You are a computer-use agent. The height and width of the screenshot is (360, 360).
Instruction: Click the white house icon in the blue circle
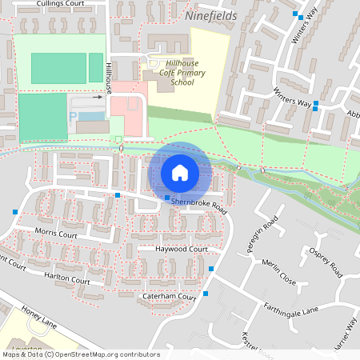(180, 172)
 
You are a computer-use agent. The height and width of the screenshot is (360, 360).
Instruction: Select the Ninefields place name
(211, 14)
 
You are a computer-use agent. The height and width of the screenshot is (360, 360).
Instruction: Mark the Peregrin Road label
(270, 233)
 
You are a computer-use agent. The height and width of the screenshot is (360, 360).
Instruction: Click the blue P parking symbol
(74, 116)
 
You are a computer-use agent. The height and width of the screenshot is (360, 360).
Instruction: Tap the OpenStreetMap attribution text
(80, 354)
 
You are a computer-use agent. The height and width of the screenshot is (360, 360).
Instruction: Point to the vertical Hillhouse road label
(107, 78)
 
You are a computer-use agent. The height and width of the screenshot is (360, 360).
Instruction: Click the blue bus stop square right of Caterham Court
(206, 294)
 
